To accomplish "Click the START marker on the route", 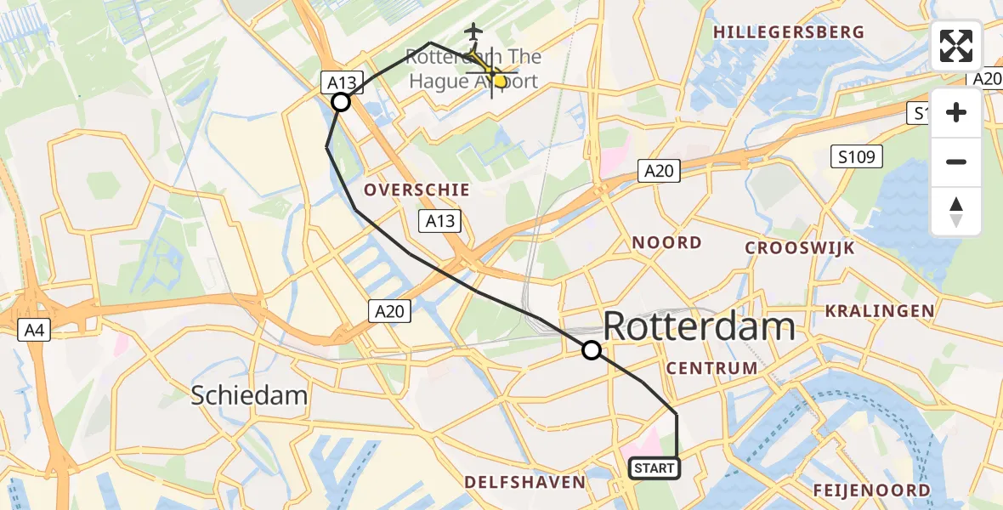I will [x=654, y=467].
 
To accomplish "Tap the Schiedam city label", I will [x=249, y=395].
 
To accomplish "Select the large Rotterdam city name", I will [x=699, y=326].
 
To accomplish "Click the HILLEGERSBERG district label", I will [x=789, y=32].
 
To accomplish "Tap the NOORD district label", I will [x=666, y=243].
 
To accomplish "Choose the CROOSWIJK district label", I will [x=800, y=248].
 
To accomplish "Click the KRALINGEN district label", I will [x=878, y=311].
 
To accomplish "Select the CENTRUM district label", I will [x=712, y=368].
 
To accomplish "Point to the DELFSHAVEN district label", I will [x=524, y=483].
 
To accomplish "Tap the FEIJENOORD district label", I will [x=871, y=490].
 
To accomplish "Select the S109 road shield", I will [x=857, y=156].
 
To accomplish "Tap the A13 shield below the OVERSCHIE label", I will [x=439, y=222].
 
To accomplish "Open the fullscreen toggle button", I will [x=956, y=46].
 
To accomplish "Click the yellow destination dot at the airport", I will [x=500, y=82].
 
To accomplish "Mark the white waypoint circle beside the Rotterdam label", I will [x=591, y=349].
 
